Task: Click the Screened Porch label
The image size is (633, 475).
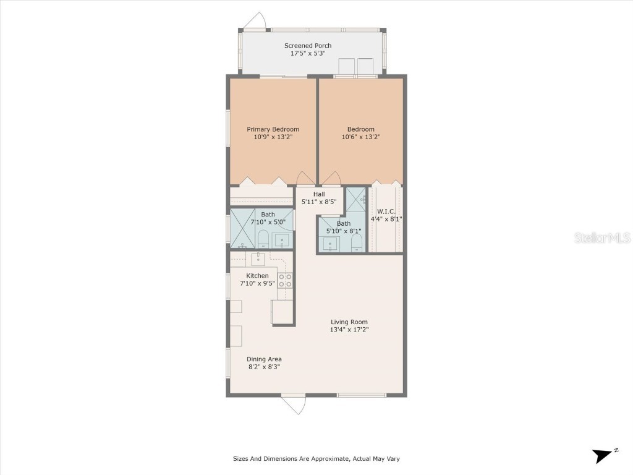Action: pos(308,46)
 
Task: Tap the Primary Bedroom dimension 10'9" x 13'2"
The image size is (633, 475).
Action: pos(273,137)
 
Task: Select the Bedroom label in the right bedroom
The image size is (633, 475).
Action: pos(360,129)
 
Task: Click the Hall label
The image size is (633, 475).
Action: pos(319,194)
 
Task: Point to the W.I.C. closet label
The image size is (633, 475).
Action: pos(386,212)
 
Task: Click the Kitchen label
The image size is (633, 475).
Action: pos(257,276)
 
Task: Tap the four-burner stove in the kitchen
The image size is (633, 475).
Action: pos(285,280)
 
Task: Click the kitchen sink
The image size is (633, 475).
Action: pos(258,259)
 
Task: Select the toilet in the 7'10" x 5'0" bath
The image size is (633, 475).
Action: pos(263,239)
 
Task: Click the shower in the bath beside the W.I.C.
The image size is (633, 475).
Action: pos(356,199)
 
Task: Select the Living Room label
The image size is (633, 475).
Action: pos(349,322)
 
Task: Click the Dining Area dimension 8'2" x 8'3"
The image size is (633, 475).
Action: pos(264,367)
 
